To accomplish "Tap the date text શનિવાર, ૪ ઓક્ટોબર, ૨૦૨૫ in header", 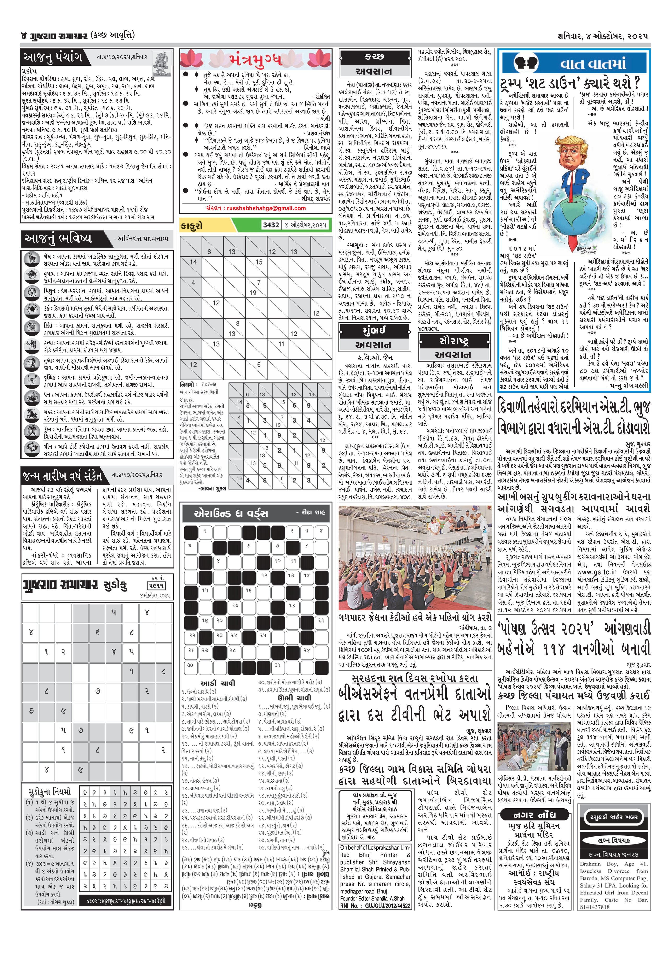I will point(603,36).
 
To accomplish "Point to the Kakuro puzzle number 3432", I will point(271,225).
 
